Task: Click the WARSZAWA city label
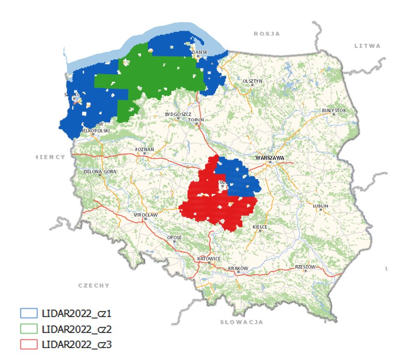tap(269, 158)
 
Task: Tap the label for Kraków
tap(238, 268)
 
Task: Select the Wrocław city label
tap(146, 215)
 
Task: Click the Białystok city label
tap(334, 111)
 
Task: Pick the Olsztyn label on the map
tap(252, 81)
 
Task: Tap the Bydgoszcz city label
tap(178, 114)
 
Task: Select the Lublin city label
tap(320, 206)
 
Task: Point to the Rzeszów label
tap(305, 267)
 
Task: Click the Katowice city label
tap(208, 258)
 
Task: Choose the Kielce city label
tap(260, 227)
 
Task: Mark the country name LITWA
tap(367, 46)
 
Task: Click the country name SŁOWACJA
tap(241, 322)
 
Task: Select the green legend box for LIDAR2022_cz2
tap(28, 329)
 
